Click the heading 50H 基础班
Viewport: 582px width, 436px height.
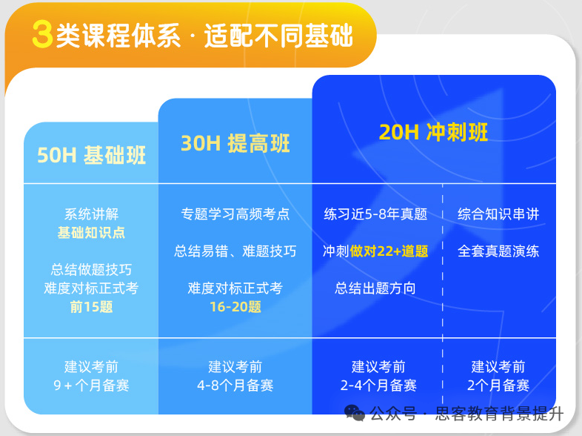(x=91, y=155)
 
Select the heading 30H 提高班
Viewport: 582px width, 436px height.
(x=235, y=143)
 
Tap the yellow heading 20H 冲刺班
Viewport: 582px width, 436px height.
(x=433, y=132)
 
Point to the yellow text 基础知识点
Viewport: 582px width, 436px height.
(x=91, y=233)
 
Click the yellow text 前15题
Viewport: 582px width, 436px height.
(x=91, y=306)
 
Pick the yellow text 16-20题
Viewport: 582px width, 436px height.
(x=235, y=306)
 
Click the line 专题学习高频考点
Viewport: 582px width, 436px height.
(x=235, y=214)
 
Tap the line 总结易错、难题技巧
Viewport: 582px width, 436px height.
(x=235, y=251)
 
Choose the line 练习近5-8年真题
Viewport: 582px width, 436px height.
(x=375, y=214)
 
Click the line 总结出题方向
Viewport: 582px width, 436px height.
(x=375, y=288)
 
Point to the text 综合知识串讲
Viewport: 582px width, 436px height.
(x=498, y=214)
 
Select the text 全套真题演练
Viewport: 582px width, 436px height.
(x=498, y=251)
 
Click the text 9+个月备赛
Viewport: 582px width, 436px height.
(x=91, y=385)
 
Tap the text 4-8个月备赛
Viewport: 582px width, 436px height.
(x=235, y=385)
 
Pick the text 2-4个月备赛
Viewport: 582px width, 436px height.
(x=378, y=385)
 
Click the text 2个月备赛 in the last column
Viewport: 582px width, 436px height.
(x=498, y=385)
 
